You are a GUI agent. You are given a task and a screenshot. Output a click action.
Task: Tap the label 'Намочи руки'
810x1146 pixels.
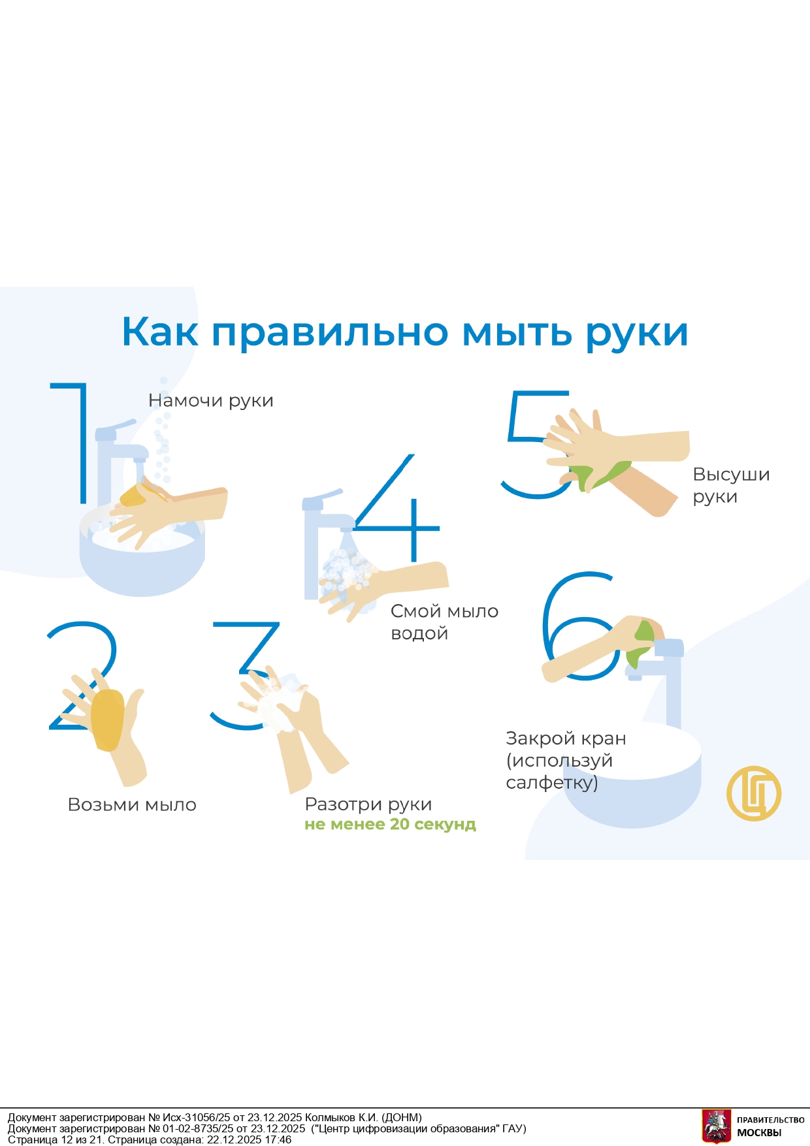(x=211, y=400)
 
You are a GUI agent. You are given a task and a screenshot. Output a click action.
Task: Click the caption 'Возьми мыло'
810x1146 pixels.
(x=132, y=804)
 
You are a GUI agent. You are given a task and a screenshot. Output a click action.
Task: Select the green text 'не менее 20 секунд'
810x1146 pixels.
(x=390, y=824)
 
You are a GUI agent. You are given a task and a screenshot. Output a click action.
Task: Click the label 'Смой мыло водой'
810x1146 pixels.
(x=444, y=622)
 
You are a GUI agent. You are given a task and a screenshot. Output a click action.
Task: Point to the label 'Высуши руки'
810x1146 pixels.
(x=731, y=485)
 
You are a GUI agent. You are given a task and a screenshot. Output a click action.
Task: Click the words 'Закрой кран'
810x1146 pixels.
(x=566, y=739)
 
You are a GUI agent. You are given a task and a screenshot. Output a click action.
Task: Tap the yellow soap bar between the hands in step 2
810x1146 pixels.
(x=107, y=720)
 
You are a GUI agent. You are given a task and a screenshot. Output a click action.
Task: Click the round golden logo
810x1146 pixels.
(x=754, y=793)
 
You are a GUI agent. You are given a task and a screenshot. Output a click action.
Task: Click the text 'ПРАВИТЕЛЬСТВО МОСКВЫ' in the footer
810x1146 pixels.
(x=770, y=1126)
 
